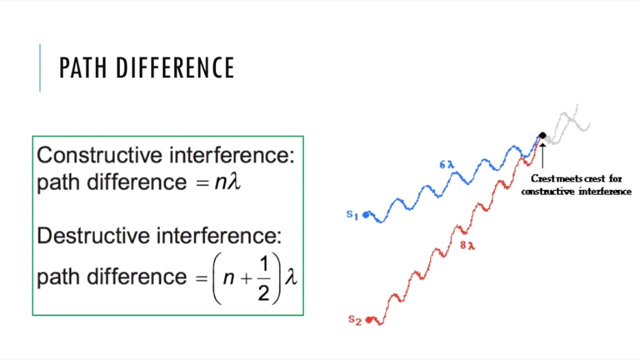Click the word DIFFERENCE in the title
pyautogui.click(x=175, y=68)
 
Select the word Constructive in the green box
pyautogui.click(x=100, y=155)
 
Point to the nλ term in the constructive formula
pyautogui.click(x=227, y=182)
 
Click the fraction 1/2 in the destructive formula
pyautogui.click(x=263, y=278)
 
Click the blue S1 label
pyautogui.click(x=352, y=215)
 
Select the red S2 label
pyautogui.click(x=354, y=320)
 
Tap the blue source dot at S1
pyautogui.click(x=366, y=215)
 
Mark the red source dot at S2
pyautogui.click(x=369, y=319)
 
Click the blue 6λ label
pyautogui.click(x=446, y=164)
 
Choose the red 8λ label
pyautogui.click(x=467, y=245)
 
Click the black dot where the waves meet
pyautogui.click(x=542, y=135)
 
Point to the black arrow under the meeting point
pyautogui.click(x=542, y=155)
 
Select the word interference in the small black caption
pyautogui.click(x=605, y=191)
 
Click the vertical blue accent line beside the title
pyautogui.click(x=40, y=68)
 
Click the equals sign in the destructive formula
pyautogui.click(x=201, y=278)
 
